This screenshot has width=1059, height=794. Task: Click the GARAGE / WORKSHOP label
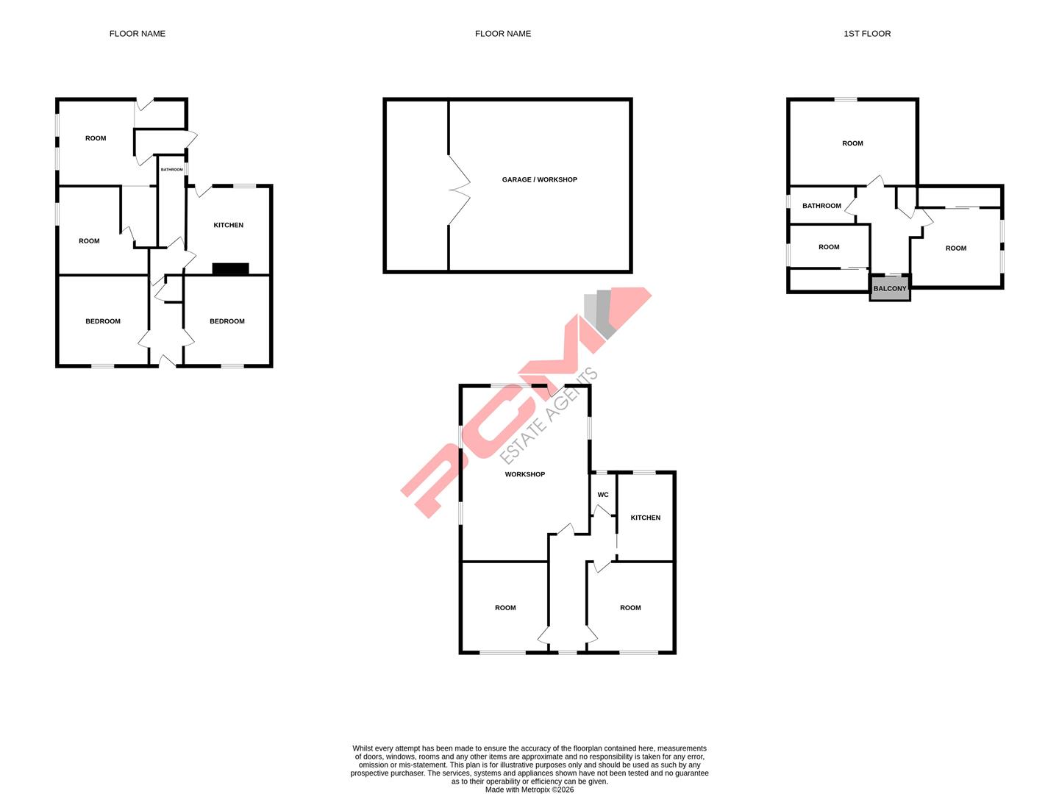pos(539,179)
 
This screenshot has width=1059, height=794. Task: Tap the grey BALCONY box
pos(890,288)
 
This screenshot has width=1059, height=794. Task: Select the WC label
pos(603,495)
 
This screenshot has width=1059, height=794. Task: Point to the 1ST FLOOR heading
pos(867,34)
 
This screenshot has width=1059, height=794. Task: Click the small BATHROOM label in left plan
pos(171,170)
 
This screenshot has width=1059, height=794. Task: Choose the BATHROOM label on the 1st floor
pos(821,206)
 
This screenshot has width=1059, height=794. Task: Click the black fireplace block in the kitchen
pos(230,269)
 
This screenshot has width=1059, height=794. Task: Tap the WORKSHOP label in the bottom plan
pos(524,474)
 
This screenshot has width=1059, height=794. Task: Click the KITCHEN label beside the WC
pos(645,518)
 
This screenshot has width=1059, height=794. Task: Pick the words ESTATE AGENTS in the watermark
pos(549,416)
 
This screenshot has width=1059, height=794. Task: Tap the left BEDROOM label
pos(102,321)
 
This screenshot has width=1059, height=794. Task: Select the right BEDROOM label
pos(227,321)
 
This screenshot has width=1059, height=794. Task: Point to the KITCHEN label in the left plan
pos(228,225)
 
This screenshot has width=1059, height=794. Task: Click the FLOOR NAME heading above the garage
pos(502,34)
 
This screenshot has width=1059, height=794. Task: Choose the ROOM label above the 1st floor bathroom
pos(852,143)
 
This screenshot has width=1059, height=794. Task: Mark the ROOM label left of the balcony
pos(829,247)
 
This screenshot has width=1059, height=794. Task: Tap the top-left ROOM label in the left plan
pos(96,138)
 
